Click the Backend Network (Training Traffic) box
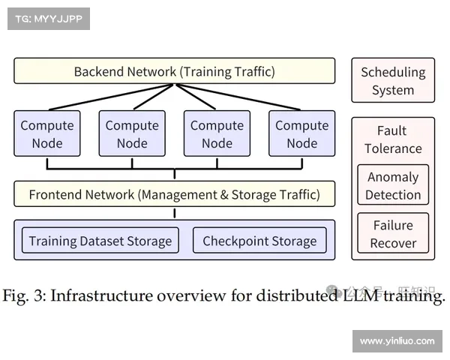pyautogui.click(x=174, y=72)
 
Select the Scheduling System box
pyautogui.click(x=392, y=81)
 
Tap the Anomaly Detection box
pyautogui.click(x=392, y=186)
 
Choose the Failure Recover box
pyautogui.click(x=392, y=234)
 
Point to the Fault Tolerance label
pyautogui.click(x=392, y=139)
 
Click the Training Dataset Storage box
pyautogui.click(x=100, y=241)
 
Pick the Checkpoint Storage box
pyautogui.click(x=259, y=241)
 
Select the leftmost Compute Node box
pyautogui.click(x=46, y=134)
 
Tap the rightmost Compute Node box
pyautogui.click(x=301, y=134)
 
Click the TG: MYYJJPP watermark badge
pyautogui.click(x=47, y=18)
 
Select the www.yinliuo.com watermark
pyautogui.click(x=396, y=341)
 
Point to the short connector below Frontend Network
pyautogui.click(x=175, y=213)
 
